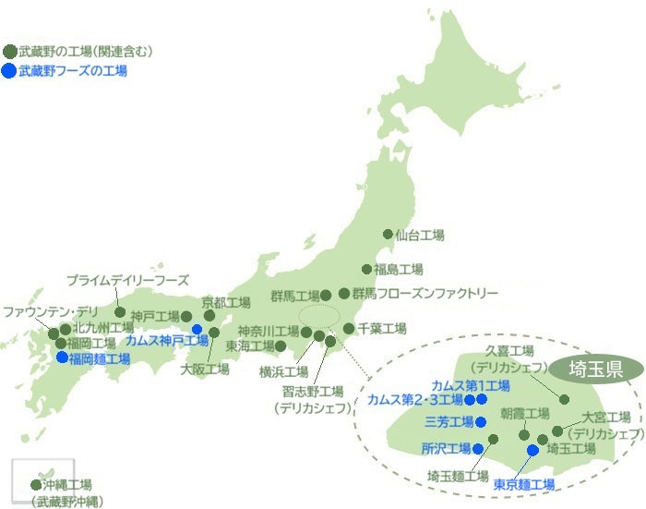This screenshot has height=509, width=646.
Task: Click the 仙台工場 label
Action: [x=420, y=236]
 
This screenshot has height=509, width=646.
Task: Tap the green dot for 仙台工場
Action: [x=388, y=235]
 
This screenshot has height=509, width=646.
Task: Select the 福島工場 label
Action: [x=398, y=270]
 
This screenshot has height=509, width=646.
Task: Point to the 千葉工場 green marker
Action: [x=349, y=328]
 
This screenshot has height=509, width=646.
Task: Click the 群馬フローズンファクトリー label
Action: [x=425, y=294]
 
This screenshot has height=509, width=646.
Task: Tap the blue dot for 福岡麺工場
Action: [x=62, y=358]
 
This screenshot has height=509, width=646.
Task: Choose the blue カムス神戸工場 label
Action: [x=167, y=340]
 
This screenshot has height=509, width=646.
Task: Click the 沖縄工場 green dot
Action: [x=36, y=484]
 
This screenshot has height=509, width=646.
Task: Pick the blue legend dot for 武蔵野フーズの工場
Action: [x=9, y=70]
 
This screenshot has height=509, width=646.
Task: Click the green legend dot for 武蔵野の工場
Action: [x=9, y=51]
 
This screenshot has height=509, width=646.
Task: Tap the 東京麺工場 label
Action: [x=523, y=484]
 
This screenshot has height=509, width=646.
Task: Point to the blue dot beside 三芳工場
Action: [x=480, y=422]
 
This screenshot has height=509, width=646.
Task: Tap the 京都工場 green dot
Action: [x=209, y=315]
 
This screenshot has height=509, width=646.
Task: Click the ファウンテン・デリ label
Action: [x=43, y=310]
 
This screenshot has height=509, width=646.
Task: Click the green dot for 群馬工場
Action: [x=326, y=296]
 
